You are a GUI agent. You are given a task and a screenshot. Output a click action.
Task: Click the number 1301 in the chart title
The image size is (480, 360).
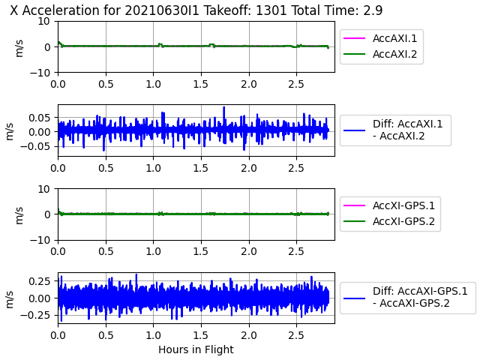click(271, 10)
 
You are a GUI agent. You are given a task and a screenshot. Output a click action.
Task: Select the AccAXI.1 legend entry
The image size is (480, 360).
click(380, 38)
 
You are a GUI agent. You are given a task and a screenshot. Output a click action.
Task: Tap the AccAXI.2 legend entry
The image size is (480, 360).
click(380, 54)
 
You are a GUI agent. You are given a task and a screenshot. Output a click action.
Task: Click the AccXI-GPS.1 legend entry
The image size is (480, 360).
click(389, 205)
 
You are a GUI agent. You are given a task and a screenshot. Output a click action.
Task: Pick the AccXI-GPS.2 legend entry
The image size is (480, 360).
click(389, 221)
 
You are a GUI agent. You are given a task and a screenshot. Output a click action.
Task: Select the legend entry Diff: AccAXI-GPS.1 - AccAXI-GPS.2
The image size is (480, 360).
click(406, 297)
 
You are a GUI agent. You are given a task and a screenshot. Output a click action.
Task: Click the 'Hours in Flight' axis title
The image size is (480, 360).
click(196, 349)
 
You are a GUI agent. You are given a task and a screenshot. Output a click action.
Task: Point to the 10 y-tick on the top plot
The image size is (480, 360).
click(44, 22)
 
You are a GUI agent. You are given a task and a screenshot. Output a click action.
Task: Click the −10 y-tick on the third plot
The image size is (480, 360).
click(40, 240)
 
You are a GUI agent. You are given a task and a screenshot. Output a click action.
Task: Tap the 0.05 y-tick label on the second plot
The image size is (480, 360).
click(39, 118)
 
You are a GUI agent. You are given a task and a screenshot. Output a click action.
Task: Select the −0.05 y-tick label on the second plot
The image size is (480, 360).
click(35, 146)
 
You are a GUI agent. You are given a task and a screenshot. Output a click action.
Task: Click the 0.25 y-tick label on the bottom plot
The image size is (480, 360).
click(39, 281)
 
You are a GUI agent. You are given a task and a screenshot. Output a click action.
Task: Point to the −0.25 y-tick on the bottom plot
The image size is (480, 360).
click(35, 315)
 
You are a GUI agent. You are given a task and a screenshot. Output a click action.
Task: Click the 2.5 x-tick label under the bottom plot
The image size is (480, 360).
click(296, 335)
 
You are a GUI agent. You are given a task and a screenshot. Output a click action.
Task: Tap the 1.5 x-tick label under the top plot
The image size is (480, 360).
click(201, 84)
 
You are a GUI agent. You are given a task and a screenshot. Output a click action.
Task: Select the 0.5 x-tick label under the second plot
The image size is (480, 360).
click(106, 168)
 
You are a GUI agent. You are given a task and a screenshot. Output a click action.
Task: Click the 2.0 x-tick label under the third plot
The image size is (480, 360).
click(248, 252)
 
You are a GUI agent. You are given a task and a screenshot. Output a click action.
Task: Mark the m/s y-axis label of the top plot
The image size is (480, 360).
click(19, 47)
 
